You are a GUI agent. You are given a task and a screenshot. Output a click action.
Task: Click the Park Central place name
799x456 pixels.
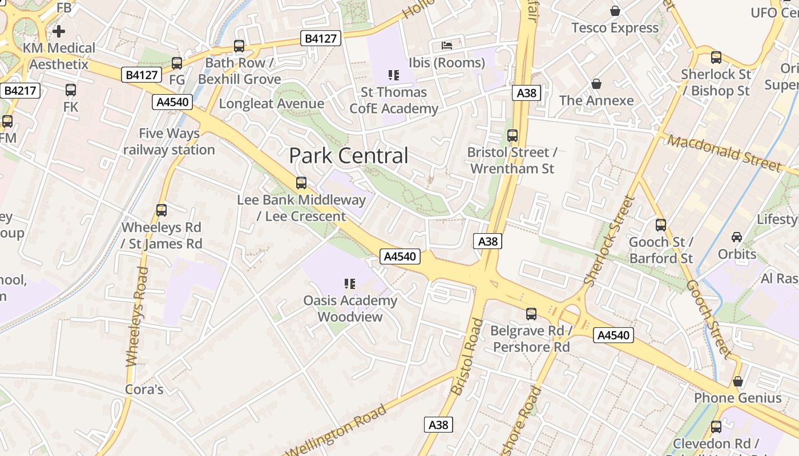coord(349,156)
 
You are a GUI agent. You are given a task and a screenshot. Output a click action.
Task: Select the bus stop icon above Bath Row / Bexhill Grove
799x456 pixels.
coord(239,46)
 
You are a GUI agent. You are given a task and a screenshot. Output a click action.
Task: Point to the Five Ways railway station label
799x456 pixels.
coord(169,142)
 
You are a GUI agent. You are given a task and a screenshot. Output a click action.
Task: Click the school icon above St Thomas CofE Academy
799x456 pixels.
coord(393,75)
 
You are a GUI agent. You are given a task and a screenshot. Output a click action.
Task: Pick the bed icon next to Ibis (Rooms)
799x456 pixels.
coord(447,46)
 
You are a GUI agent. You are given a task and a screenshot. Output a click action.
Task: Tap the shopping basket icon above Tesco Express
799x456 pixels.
coord(615,11)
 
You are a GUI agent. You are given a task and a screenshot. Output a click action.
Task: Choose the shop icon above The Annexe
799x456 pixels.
coord(596,84)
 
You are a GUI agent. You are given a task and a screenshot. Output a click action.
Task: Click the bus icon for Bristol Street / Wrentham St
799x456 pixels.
coord(513,136)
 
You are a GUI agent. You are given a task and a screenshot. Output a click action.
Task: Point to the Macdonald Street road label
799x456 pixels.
coord(724,153)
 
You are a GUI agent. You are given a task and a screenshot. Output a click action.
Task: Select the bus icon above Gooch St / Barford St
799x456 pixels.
coord(661,225)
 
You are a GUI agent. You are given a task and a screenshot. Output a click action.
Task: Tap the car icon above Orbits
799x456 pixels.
coord(737,237)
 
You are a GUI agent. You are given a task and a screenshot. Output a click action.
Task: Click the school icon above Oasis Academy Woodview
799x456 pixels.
coord(350,283)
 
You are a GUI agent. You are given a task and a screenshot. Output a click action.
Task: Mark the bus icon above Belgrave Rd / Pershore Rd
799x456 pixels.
coord(531,313)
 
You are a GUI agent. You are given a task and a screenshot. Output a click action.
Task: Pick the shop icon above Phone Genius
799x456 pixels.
coord(738,381)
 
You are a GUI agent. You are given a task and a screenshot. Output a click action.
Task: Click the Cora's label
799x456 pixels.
coord(144,390)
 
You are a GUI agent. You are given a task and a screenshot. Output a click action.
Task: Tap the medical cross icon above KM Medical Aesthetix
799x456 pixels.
coord(59,31)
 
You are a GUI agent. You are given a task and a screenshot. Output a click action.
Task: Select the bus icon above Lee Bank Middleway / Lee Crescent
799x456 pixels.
coord(301,183)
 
